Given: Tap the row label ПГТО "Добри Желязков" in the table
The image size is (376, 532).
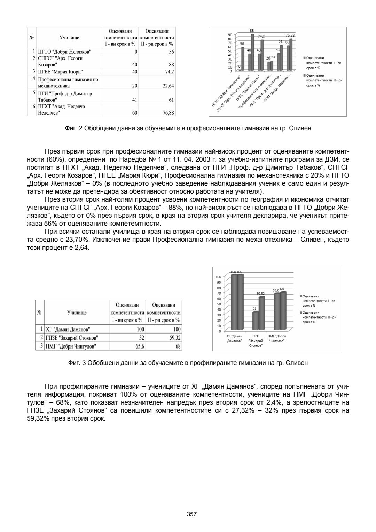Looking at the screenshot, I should (x=64, y=52).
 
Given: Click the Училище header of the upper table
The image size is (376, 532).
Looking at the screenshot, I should (x=69, y=38).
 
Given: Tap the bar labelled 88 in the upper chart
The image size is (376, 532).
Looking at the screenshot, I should (x=252, y=52).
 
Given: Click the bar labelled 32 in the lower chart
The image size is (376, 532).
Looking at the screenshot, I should (x=255, y=321).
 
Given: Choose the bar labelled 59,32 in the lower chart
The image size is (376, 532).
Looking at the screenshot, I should (x=261, y=313).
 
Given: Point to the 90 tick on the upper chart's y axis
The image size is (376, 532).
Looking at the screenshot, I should (x=230, y=35).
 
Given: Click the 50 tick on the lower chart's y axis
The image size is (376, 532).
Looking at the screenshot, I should (x=218, y=304).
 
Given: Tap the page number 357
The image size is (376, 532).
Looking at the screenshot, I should (x=192, y=514).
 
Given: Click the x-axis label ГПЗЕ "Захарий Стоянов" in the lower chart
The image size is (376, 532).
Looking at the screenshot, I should (x=256, y=341).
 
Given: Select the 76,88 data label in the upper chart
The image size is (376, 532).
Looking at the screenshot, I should (x=290, y=36).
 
